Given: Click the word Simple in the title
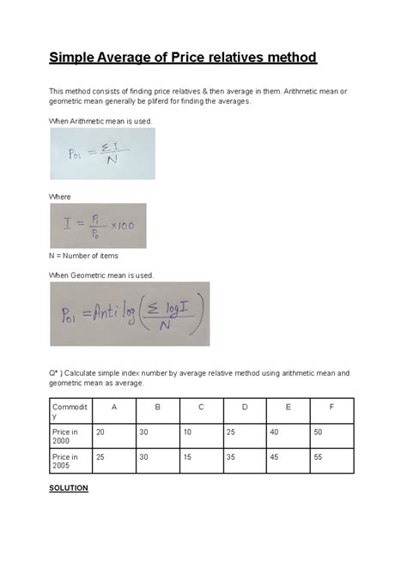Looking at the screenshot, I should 74,57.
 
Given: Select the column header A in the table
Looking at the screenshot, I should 114,407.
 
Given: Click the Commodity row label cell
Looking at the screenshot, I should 69,411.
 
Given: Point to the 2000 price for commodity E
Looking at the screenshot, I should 272,432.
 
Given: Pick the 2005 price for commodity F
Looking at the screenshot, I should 319,458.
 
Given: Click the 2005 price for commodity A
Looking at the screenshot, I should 100,458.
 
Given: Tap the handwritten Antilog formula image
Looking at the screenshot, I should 129,314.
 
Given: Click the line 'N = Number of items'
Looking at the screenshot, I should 84,256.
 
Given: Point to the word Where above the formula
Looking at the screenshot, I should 60,196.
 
